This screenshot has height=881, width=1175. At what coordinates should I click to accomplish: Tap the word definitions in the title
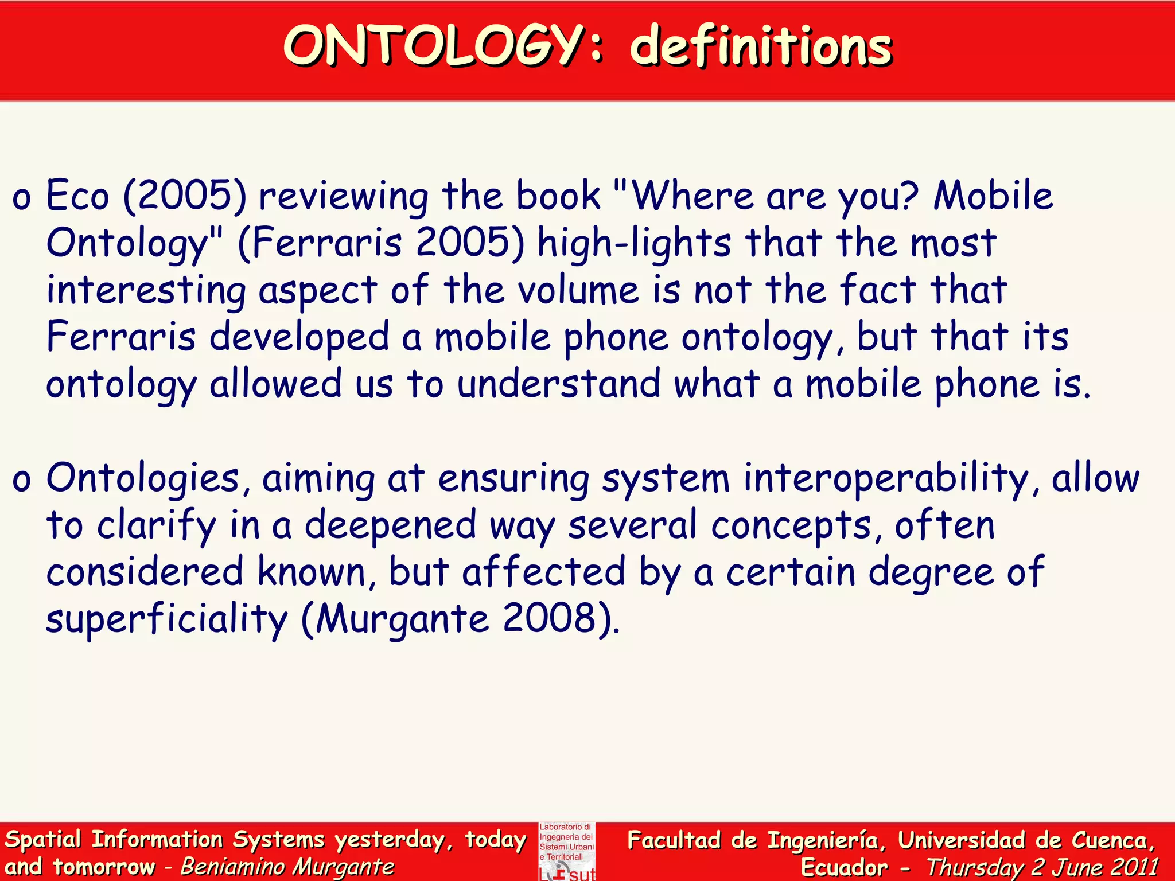(761, 46)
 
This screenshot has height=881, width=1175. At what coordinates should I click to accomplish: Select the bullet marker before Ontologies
(21, 481)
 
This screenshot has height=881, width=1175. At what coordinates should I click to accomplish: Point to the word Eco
(77, 196)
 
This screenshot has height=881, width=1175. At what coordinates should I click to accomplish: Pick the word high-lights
(634, 243)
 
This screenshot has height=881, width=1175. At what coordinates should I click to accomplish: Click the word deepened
(390, 525)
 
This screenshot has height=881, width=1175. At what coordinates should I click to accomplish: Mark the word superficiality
(166, 619)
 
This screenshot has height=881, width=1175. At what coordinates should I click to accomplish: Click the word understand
(559, 384)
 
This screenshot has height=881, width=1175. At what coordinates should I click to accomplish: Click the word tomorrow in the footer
(104, 867)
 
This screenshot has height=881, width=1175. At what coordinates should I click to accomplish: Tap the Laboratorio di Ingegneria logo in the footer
(567, 851)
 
